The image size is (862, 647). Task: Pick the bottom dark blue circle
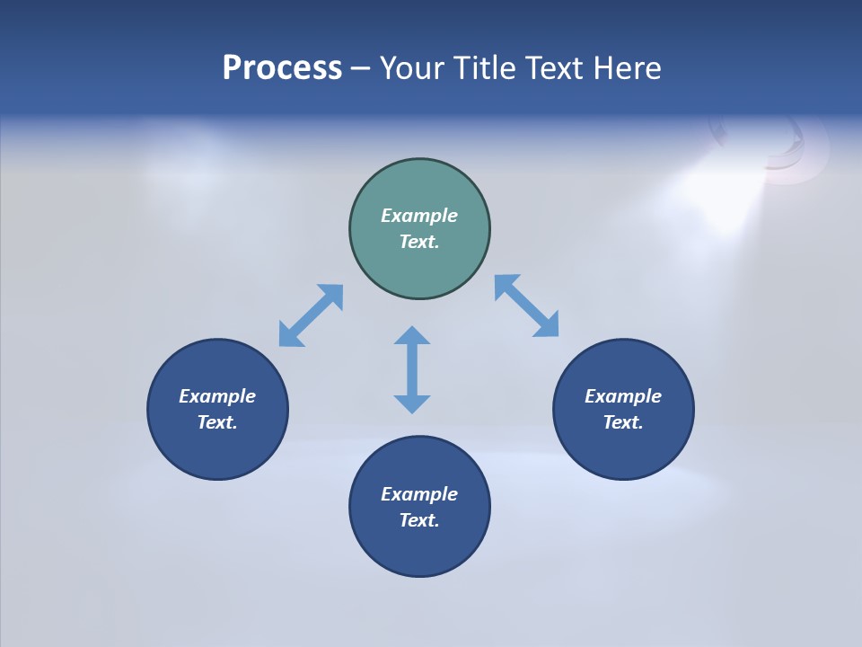[x=419, y=548]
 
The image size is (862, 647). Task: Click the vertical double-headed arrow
[x=412, y=369]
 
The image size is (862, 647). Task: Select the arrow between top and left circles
[x=311, y=315]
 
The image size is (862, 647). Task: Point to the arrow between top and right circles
[x=527, y=306]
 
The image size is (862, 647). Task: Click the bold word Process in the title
[x=282, y=68]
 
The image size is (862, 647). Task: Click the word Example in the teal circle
[x=419, y=216]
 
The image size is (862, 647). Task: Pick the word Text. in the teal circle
[x=419, y=242]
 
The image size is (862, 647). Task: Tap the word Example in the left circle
[x=217, y=396]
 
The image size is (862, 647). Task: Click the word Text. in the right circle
[x=623, y=422]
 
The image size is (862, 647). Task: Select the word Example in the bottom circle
[x=419, y=494]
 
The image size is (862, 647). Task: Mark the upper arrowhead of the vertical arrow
[x=412, y=336]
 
